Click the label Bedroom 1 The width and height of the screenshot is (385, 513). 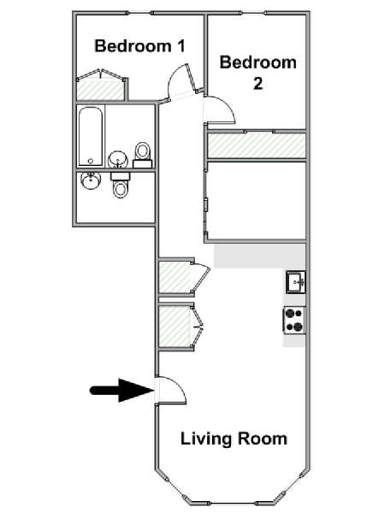(x=139, y=46)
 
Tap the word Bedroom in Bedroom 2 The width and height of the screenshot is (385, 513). (x=258, y=62)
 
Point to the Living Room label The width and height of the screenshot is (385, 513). (x=234, y=439)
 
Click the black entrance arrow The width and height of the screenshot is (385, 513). (x=121, y=390)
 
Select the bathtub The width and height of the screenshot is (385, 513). (x=91, y=136)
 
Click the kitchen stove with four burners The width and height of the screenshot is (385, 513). (x=294, y=320)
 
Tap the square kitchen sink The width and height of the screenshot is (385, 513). (x=296, y=281)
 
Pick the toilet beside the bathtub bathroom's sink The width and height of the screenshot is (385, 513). (x=143, y=155)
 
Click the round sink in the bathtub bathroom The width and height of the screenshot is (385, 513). (x=117, y=160)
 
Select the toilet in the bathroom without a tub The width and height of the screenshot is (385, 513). (x=120, y=186)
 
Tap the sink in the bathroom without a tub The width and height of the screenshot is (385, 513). (x=91, y=180)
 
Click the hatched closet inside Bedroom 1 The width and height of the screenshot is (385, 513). (x=100, y=91)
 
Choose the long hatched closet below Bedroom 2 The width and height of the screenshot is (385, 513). (x=257, y=145)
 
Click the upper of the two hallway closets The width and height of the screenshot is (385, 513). (x=175, y=277)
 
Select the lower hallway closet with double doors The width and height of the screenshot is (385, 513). (x=175, y=327)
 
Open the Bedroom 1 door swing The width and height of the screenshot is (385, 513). (x=180, y=82)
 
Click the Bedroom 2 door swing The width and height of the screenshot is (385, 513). (x=219, y=110)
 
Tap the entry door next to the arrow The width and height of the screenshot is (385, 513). (x=171, y=390)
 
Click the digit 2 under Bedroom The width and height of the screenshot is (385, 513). (x=258, y=84)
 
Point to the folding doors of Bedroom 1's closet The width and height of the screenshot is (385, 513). (x=102, y=74)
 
